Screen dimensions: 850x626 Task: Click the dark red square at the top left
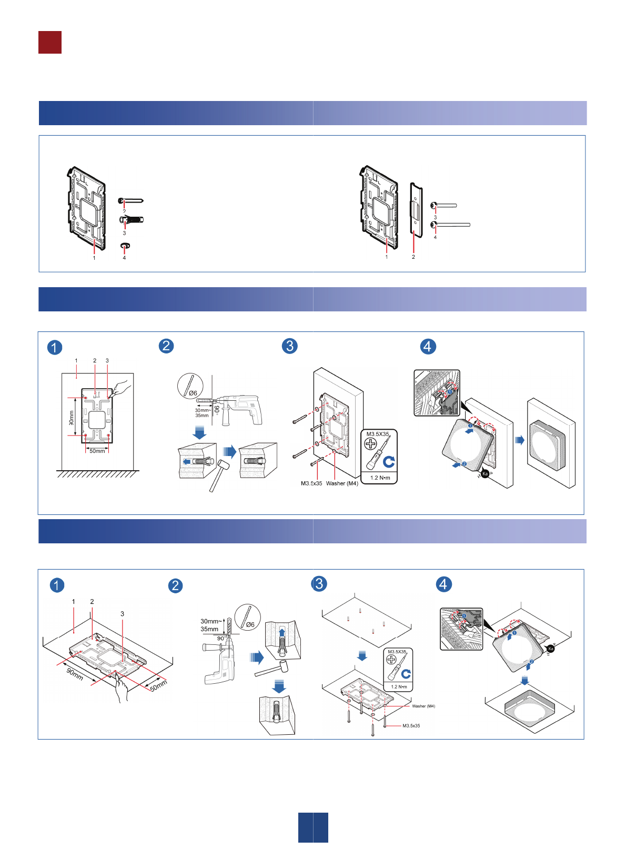click(50, 43)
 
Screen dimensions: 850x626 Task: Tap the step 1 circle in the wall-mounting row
click(55, 348)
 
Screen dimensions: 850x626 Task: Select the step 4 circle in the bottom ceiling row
click(443, 584)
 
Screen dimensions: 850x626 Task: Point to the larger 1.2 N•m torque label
click(380, 478)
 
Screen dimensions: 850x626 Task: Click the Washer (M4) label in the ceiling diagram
click(423, 706)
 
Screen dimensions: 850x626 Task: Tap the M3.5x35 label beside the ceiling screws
click(411, 726)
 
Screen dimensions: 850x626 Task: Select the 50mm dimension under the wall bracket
click(97, 451)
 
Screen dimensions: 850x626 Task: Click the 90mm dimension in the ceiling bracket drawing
click(75, 674)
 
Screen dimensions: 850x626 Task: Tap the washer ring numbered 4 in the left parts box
click(125, 246)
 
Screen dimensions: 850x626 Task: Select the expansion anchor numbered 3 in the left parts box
click(132, 219)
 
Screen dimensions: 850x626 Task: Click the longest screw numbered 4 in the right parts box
click(451, 225)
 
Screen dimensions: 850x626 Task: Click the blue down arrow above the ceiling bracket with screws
click(362, 655)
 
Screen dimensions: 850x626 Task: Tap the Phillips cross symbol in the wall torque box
click(371, 444)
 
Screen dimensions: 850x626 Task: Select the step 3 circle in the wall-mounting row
click(290, 346)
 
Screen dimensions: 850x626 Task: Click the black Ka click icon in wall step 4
click(486, 474)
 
